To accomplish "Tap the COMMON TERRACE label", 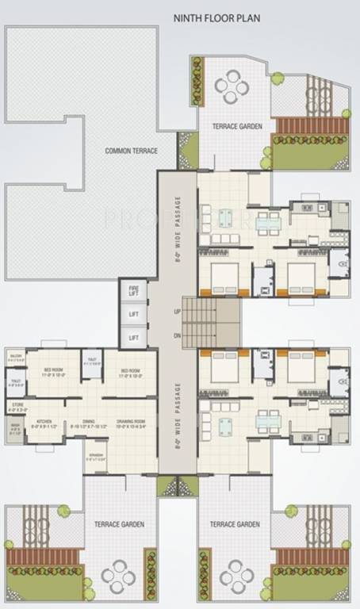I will coord(132,151).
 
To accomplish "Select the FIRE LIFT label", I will coord(134,290).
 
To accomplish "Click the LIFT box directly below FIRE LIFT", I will coord(134,314).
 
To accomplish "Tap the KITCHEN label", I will coord(42,423).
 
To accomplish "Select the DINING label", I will coord(88,423).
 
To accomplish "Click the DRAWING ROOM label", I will coord(135,423).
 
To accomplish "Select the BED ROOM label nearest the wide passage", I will coord(132,371).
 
